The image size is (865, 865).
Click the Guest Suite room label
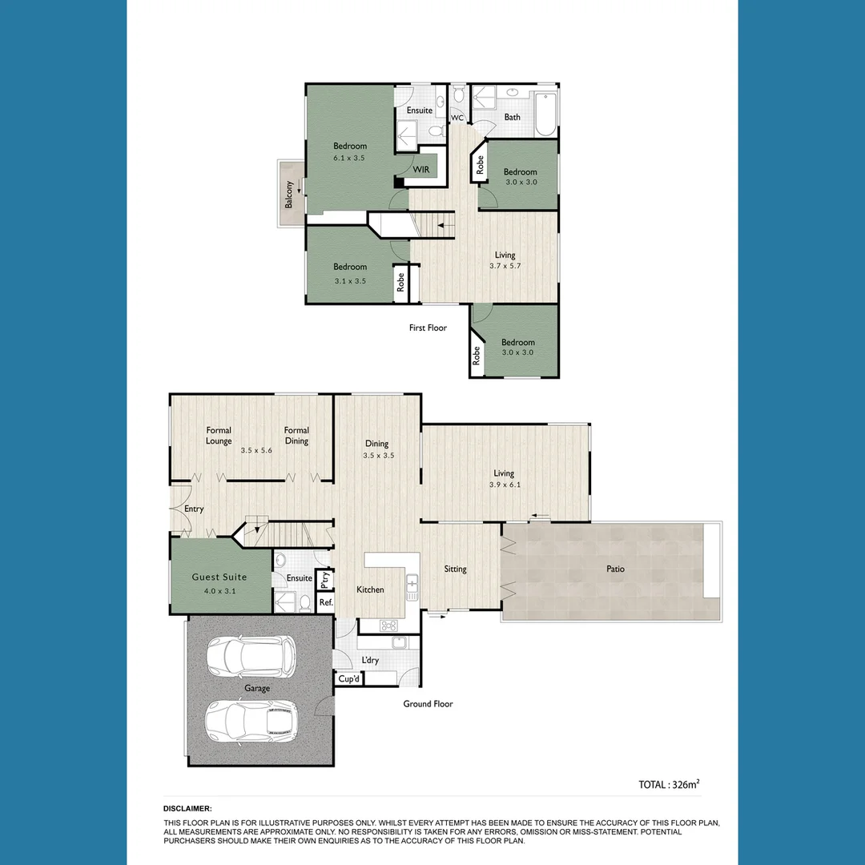[x=219, y=577]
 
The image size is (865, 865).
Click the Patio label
[x=615, y=569]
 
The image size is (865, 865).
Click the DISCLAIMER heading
[x=188, y=809]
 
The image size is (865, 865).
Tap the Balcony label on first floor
[x=289, y=195]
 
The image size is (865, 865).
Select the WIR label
[x=421, y=170]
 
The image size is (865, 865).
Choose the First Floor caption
[x=428, y=328]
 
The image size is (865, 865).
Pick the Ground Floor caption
[x=428, y=704]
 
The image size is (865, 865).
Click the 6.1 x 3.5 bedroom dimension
[x=350, y=158]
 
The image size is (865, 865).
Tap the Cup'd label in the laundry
[x=348, y=679]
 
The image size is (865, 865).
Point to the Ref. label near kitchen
[x=326, y=602]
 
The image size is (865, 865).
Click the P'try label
[x=325, y=578]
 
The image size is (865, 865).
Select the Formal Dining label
[x=296, y=436]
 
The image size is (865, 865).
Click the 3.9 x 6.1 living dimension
[x=505, y=485]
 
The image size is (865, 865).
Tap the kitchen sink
[x=412, y=587]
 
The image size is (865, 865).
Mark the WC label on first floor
[x=457, y=118]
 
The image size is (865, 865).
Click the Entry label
[x=194, y=509]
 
